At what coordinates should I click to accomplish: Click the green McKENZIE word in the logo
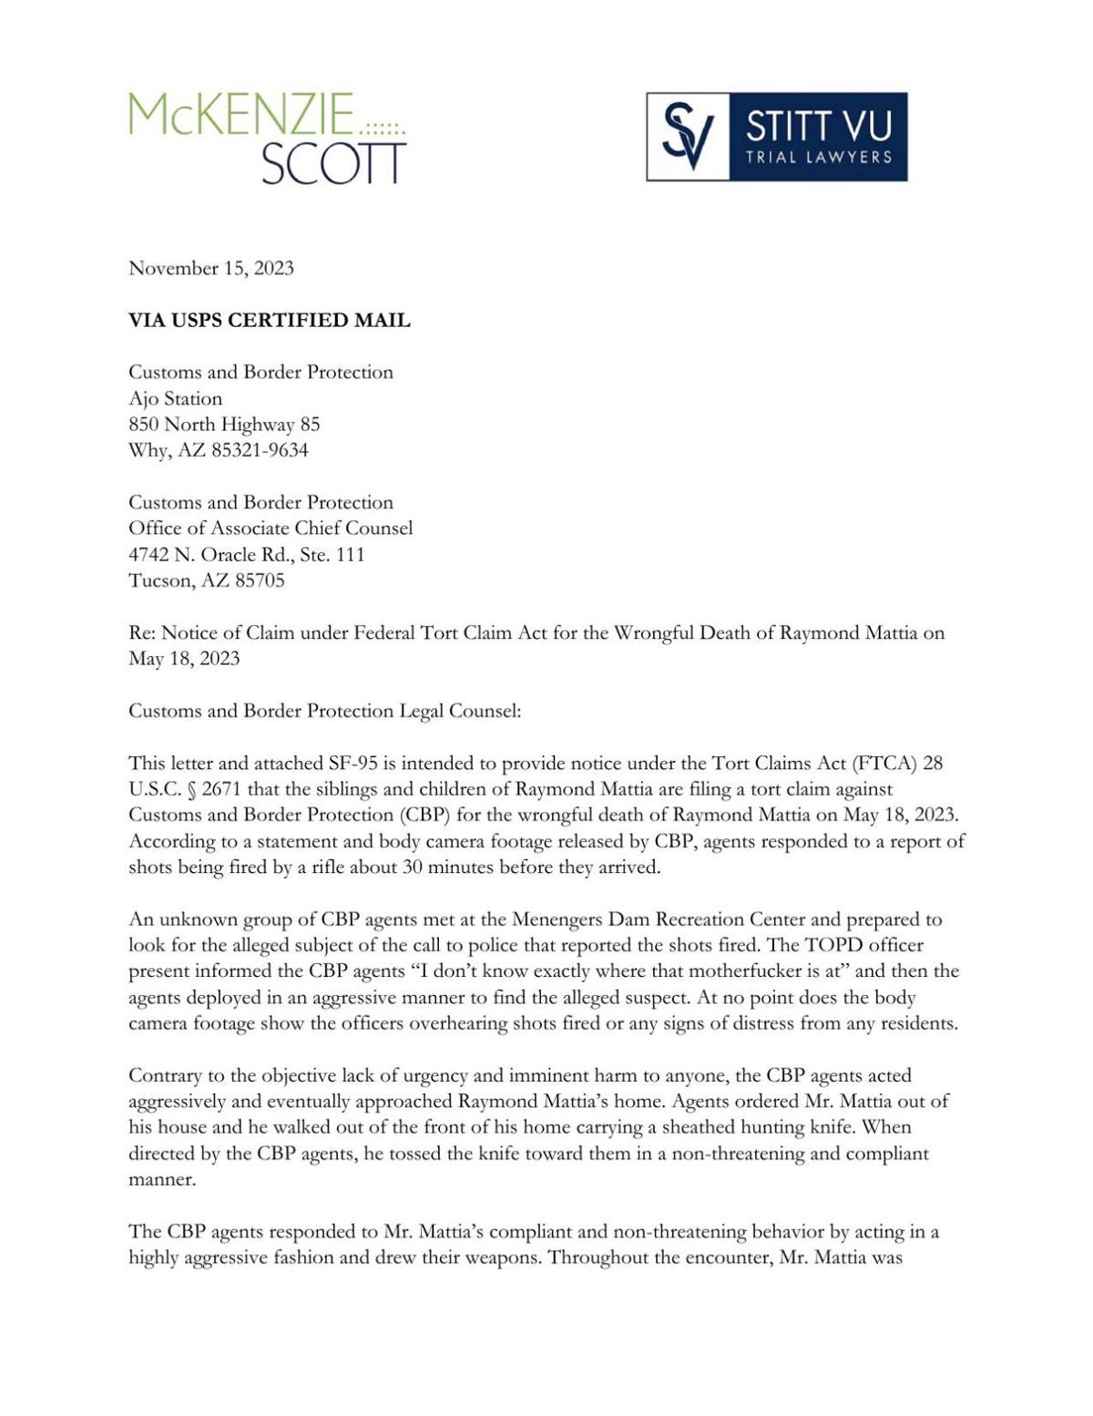pyautogui.click(x=241, y=115)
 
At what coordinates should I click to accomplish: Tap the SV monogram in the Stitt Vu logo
pyautogui.click(x=688, y=137)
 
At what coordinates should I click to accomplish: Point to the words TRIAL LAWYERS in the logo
pyautogui.click(x=818, y=158)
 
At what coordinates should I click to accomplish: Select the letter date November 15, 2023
pyautogui.click(x=211, y=268)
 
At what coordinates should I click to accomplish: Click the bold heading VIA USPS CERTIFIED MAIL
pyautogui.click(x=270, y=321)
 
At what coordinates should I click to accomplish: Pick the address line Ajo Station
pyautogui.click(x=175, y=398)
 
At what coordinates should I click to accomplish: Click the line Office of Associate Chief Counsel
pyautogui.click(x=271, y=528)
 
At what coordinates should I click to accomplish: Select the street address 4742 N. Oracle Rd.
pyautogui.click(x=220, y=555)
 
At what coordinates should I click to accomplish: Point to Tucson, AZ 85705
pyautogui.click(x=207, y=580)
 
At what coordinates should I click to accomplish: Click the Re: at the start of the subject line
pyautogui.click(x=142, y=633)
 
